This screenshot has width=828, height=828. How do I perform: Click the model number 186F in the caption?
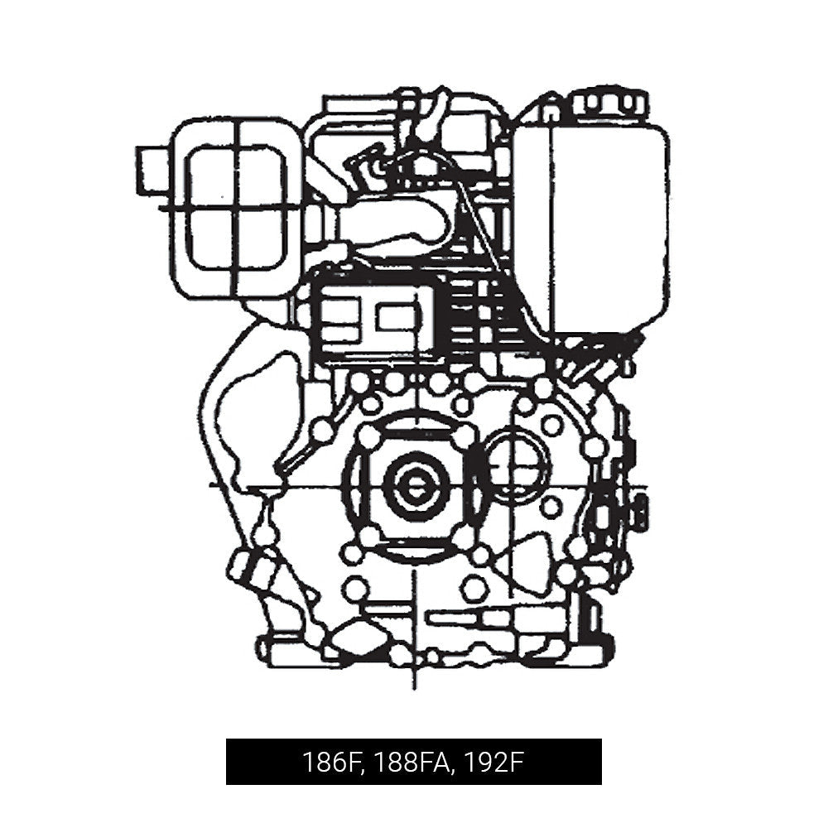pos(331,762)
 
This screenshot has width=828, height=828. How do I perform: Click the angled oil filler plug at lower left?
pos(248,567)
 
